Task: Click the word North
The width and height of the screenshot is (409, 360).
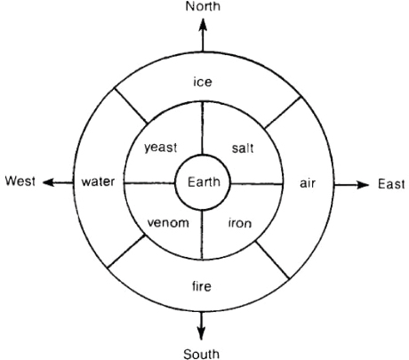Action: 203,6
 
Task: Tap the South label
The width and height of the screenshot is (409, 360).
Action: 202,354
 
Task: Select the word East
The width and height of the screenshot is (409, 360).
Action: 391,184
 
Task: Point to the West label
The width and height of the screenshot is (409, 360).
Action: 20,180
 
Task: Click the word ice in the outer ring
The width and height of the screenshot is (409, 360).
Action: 203,82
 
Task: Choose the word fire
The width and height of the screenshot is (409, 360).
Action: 202,286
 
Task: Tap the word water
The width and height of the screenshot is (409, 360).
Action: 98,181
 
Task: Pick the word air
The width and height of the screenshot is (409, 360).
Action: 308,183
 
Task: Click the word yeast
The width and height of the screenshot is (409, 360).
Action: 161,148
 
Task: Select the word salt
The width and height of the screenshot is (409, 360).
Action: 243,148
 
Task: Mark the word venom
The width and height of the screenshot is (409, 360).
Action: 168,223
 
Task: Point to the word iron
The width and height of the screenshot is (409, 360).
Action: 240,223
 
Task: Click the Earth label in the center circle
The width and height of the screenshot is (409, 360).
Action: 204,181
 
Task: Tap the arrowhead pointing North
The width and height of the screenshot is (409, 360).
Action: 203,24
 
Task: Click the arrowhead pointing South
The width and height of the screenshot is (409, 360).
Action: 201,333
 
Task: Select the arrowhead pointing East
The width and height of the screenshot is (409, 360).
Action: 363,185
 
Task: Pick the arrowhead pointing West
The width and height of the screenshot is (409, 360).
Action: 49,182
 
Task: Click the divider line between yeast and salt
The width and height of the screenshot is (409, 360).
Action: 203,128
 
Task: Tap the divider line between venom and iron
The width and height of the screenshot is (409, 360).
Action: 202,235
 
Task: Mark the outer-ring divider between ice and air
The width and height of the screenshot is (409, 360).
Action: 283,113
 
